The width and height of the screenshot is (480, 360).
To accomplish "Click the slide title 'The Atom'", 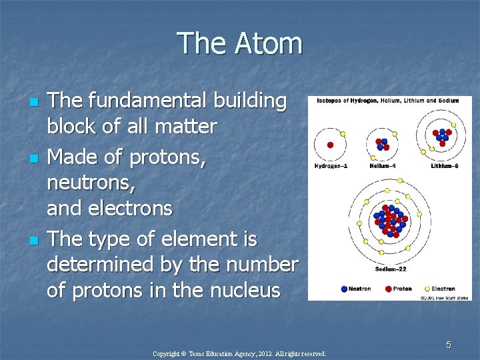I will coord(240,44).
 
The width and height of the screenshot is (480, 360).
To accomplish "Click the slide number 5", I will coord(449,345).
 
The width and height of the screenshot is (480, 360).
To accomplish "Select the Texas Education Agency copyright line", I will coord(239,354).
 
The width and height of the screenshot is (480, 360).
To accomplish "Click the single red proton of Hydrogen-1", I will coord(329,145).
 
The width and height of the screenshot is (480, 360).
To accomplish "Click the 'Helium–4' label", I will coord(383,165).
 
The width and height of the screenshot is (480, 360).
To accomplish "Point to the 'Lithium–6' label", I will coord(444,165).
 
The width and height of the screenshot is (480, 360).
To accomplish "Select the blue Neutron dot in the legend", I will coord(343,289).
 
